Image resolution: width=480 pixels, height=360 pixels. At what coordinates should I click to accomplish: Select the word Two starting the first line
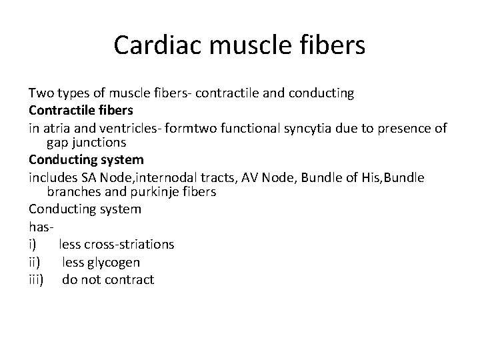point(40,93)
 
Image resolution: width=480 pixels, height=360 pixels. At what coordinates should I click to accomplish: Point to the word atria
point(57,127)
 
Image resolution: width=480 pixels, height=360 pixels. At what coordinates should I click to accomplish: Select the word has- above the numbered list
point(41,227)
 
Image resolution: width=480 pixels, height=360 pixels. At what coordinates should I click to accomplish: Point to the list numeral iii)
point(36,279)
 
